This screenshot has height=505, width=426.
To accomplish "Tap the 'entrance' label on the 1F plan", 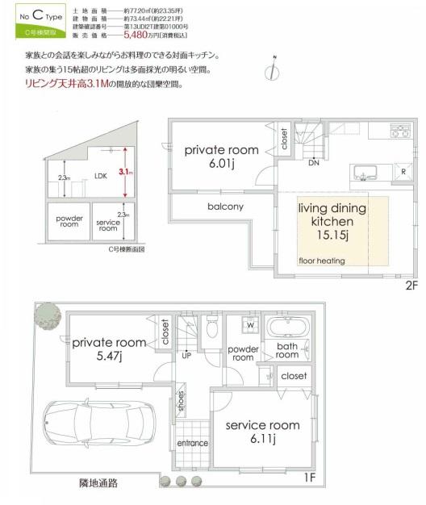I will point(192,443).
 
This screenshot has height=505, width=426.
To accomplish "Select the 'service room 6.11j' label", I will point(262,432).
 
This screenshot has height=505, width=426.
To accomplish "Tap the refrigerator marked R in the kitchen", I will point(401,172).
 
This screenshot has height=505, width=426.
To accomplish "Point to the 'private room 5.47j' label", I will point(109,348).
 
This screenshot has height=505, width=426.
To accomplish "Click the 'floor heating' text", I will point(322,261).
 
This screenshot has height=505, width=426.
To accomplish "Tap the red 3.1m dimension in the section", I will point(124,172).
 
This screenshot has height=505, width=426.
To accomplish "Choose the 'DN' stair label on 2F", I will point(312,162).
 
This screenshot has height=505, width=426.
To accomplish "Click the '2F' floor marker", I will point(408,285).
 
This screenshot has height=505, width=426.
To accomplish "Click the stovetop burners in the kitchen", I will point(399,131).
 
